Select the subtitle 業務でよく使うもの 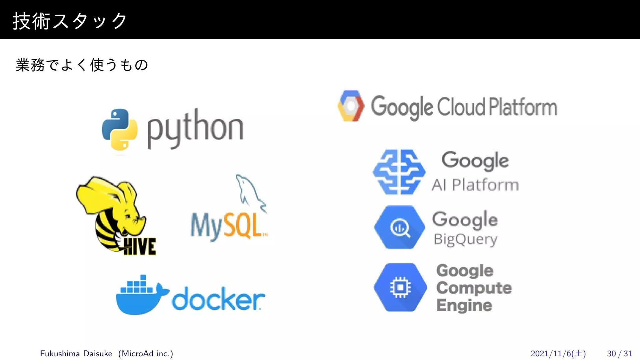(82, 65)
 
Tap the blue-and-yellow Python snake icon (120, 129)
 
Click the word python (195, 129)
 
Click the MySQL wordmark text (229, 226)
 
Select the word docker (218, 299)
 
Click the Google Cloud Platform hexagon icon (350, 106)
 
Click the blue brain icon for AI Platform (399, 172)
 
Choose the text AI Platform (475, 185)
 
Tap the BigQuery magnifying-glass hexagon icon (399, 227)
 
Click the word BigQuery (465, 239)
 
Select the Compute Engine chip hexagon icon (400, 287)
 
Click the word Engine (464, 305)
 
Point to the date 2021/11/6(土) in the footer (558, 353)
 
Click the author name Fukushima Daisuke (76, 353)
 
